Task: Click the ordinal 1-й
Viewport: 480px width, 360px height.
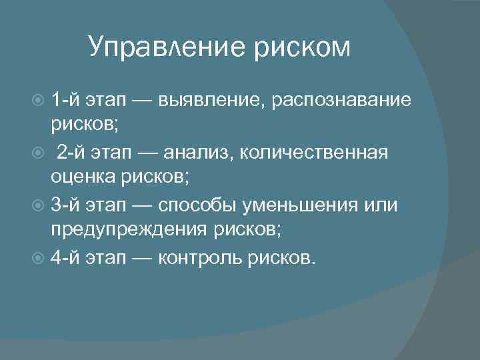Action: click(65, 99)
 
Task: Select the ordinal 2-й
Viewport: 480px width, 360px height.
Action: click(71, 152)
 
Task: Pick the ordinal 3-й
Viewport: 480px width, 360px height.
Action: click(65, 205)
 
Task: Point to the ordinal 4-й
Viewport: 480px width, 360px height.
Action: click(65, 257)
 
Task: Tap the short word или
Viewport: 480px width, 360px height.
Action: click(384, 205)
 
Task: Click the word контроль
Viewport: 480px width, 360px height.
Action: click(201, 258)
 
